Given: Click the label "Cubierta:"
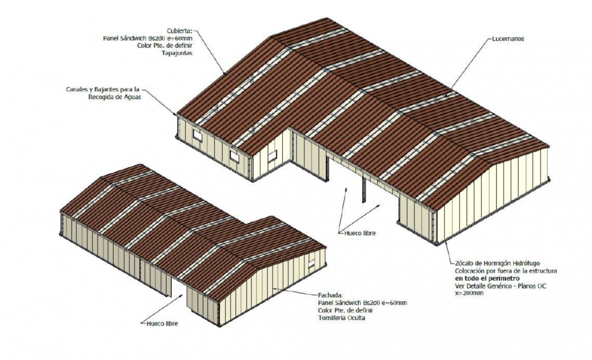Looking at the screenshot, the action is [179, 31].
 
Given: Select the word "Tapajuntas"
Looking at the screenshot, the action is [177, 53].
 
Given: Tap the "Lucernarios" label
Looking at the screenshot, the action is [508, 39].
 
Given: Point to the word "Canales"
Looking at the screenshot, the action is [76, 89].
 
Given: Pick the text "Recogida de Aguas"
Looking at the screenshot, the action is [114, 97].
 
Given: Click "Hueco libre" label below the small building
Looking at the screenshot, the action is [162, 324].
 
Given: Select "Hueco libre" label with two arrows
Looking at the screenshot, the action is [360, 233].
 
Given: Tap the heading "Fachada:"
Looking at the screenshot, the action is [331, 295].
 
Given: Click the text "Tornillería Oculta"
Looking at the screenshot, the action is [341, 318].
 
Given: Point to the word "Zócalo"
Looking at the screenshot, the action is [464, 263].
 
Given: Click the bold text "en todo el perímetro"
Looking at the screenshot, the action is [487, 278].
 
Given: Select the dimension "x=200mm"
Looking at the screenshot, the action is [469, 293].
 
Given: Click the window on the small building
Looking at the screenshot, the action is [312, 263].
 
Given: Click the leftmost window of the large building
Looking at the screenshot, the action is [197, 135].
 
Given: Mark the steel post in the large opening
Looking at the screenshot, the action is [364, 190].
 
